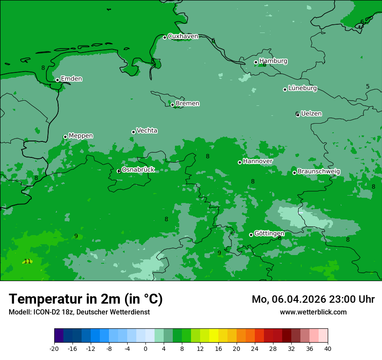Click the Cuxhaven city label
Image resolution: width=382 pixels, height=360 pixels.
coord(183,36)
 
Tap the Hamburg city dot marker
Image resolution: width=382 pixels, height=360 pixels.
coord(256,62)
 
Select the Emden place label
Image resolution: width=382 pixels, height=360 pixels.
coord(71,79)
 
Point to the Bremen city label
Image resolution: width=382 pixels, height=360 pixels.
coord(188,104)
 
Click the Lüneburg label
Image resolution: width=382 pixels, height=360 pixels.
coord(303,88)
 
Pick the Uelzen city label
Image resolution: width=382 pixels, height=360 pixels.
coord(311,114)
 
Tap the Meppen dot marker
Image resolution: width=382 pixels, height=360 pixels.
coord(65,137)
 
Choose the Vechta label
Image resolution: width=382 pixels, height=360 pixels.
coord(147,131)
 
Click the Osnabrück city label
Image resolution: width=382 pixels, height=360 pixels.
coord(138,170)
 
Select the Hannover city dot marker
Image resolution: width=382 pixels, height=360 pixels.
coord(240,162)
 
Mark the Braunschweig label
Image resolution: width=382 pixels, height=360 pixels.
coord(319,172)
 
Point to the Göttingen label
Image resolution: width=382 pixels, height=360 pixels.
coord(269,234)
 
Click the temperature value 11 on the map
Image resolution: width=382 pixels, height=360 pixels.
coord(27,262)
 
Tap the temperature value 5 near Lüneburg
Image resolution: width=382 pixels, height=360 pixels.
coord(368,87)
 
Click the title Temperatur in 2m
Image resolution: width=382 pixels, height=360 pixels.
coord(86,299)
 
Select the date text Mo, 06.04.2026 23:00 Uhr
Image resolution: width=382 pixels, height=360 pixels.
coord(313,299)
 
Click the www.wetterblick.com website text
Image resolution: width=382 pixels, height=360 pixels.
coord(313,312)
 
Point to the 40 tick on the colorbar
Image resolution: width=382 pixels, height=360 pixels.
coord(328,349)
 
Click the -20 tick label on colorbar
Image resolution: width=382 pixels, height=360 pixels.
coord(54,349)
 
